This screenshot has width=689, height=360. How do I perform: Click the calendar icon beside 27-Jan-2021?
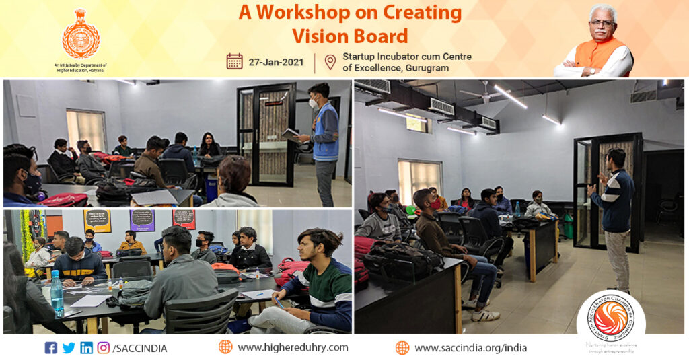coord(234,61)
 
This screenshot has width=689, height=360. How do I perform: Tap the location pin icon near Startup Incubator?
coord(330,62)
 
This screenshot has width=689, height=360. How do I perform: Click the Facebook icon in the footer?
coord(50,348)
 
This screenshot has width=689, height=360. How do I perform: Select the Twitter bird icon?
coord(69,348)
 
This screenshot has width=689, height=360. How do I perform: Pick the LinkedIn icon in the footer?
coord(86,348)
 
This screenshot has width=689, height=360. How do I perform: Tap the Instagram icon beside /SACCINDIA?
coord(104,348)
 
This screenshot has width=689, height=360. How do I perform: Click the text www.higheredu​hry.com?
coord(293,347)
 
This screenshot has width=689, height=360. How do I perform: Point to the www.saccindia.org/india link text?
coord(470,348)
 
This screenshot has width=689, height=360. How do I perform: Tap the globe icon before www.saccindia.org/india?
coord(402,348)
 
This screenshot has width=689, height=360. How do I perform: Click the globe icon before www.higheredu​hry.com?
coord(225,347)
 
